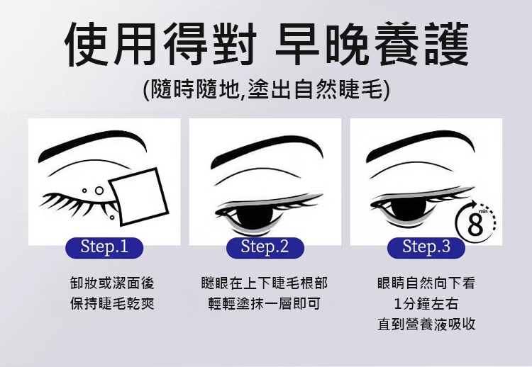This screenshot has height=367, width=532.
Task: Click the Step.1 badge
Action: coord(104,247)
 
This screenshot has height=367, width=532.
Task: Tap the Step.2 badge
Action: coord(265,247)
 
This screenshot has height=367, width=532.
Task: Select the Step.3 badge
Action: coord(426,247)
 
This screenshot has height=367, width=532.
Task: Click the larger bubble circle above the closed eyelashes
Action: coord(99,191)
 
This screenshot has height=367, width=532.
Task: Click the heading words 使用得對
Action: coord(160,43)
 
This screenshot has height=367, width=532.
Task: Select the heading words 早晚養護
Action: coord(372,43)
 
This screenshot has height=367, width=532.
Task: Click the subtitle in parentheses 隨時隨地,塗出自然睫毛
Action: coord(266,89)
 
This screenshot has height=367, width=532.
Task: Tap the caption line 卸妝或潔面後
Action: coord(112,283)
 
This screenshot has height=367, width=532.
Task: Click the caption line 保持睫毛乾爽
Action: coord(112,303)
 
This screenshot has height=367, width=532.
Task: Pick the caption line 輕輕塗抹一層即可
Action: coord(265,303)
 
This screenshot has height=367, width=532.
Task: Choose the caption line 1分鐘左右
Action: coord(426,304)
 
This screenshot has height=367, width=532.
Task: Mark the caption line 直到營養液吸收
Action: coord(426,324)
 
